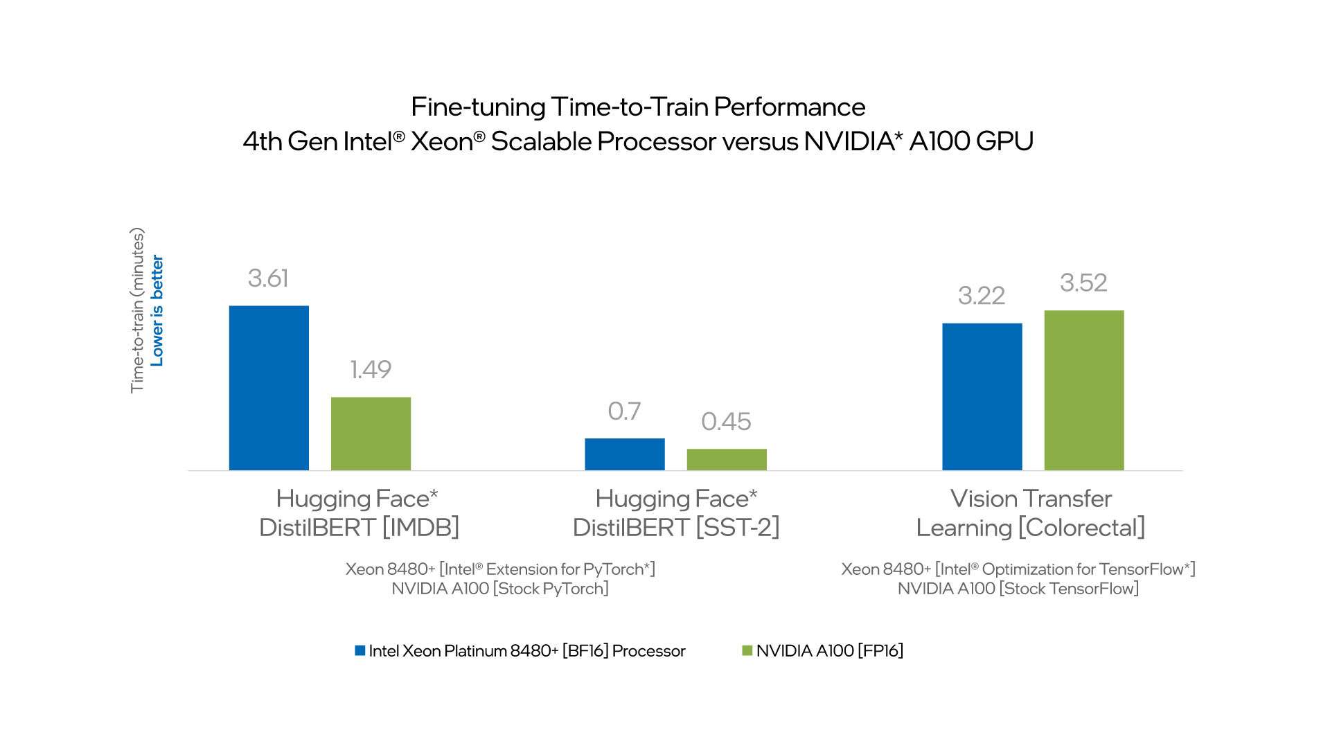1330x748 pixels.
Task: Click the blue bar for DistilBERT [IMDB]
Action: click(269, 388)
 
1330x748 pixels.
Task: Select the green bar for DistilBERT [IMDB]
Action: click(371, 434)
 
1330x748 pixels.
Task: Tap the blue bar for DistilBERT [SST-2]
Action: click(624, 454)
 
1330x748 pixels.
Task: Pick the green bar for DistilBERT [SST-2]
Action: click(727, 459)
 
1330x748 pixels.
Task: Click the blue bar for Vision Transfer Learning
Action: click(982, 397)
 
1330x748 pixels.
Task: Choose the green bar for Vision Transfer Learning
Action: click(1083, 390)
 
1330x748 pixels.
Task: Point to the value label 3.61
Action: click(268, 278)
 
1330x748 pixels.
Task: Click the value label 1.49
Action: click(371, 370)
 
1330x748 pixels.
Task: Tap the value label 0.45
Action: click(726, 422)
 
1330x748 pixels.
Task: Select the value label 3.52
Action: click(1083, 283)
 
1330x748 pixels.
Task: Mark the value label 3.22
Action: click(982, 296)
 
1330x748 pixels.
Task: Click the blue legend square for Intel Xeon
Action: click(360, 651)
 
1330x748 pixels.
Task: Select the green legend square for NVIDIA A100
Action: click(747, 651)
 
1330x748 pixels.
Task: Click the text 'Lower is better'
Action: click(157, 310)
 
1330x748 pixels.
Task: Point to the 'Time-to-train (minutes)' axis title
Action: click(137, 310)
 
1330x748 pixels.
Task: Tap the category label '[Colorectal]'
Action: click(1081, 528)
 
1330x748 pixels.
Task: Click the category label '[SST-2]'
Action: click(738, 528)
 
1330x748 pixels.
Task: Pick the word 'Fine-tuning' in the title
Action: click(478, 107)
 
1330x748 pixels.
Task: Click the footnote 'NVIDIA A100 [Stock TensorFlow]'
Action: click(1018, 589)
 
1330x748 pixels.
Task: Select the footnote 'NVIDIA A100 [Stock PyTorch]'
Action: click(499, 589)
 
